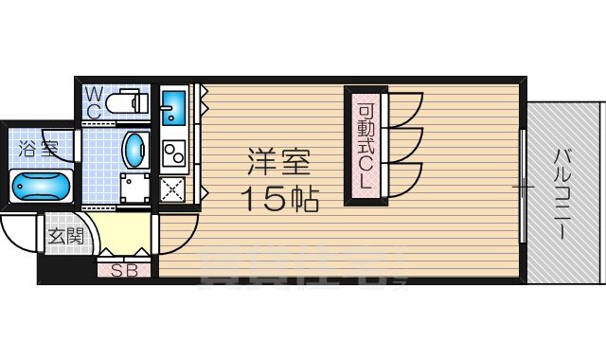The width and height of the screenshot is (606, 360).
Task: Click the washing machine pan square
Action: tap(135, 188)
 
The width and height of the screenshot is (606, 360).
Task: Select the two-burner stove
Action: tap(173, 152)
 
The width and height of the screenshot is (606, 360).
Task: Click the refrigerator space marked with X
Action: tap(173, 189)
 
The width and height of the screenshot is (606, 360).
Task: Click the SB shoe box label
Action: tap(123, 271)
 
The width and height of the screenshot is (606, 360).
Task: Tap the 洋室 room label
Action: tap(279, 163)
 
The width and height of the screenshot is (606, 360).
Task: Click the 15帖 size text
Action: tap(278, 198)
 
